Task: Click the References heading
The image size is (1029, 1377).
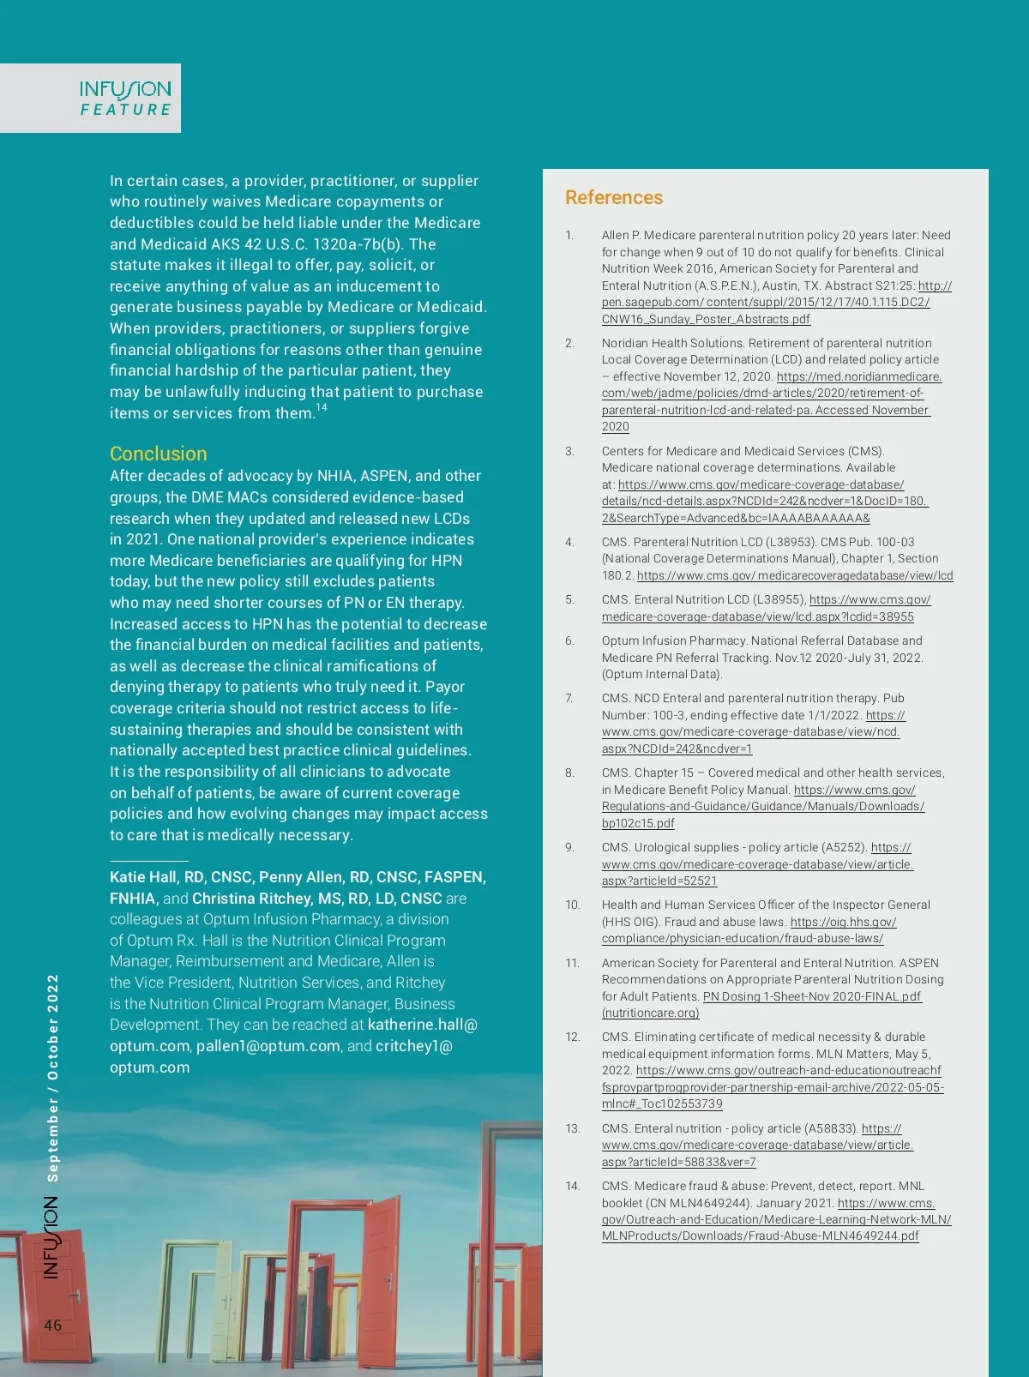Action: point(613,197)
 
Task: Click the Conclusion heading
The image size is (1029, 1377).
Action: point(158,454)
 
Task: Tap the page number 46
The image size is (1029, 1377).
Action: point(53,1325)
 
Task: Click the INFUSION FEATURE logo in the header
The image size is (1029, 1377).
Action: point(125,98)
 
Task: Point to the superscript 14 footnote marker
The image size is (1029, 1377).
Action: point(322,408)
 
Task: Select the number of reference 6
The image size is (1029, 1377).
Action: point(569,640)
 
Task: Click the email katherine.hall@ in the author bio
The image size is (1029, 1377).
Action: point(422,1025)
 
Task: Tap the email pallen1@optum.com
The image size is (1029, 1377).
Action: point(268,1046)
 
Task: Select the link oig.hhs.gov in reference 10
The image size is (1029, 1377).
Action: point(843,922)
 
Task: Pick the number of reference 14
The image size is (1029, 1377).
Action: point(572,1186)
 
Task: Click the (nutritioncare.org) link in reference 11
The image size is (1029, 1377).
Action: point(650,1013)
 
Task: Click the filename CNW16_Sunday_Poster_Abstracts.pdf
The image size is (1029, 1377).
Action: point(706,319)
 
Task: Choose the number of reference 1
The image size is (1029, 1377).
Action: point(569,235)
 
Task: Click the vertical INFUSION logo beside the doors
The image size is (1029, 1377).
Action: point(51,1237)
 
